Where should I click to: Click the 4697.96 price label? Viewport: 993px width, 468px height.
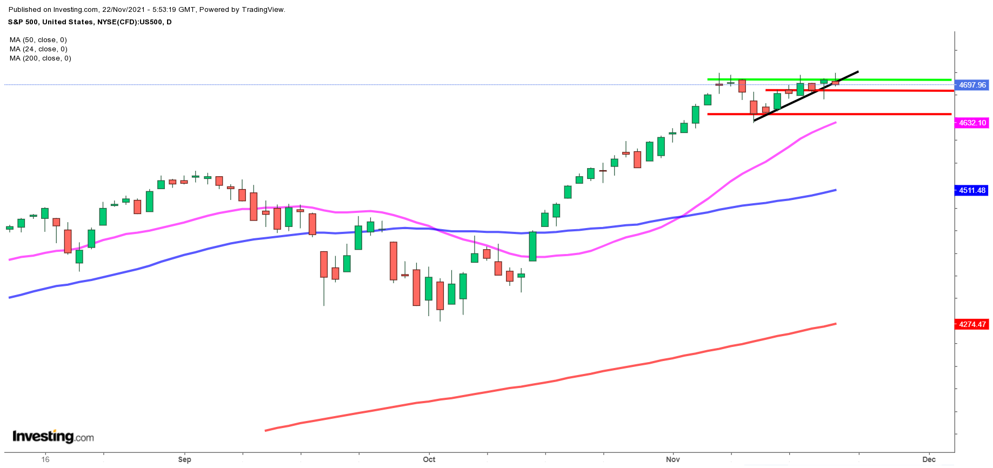[972, 85]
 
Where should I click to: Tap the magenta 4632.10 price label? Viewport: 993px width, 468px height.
[972, 123]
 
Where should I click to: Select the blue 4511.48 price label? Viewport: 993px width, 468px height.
[972, 190]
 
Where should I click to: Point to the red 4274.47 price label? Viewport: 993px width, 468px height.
[972, 324]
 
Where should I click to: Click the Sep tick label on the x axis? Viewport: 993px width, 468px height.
[184, 459]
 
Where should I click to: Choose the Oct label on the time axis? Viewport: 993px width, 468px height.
[429, 459]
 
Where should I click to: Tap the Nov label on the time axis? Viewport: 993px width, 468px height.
[673, 459]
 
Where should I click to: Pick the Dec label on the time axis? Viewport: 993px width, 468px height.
[929, 459]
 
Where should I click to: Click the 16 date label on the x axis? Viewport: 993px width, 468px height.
[45, 459]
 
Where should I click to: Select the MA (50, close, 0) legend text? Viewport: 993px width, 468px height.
[38, 40]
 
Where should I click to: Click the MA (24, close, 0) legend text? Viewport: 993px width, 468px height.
[38, 49]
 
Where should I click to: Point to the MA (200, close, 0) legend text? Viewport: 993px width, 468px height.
[41, 58]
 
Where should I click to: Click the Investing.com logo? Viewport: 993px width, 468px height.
[53, 436]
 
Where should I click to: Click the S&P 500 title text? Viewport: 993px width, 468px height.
[24, 22]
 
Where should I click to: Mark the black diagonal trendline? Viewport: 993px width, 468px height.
[805, 96]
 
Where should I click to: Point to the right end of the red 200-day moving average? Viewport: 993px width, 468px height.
[835, 324]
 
